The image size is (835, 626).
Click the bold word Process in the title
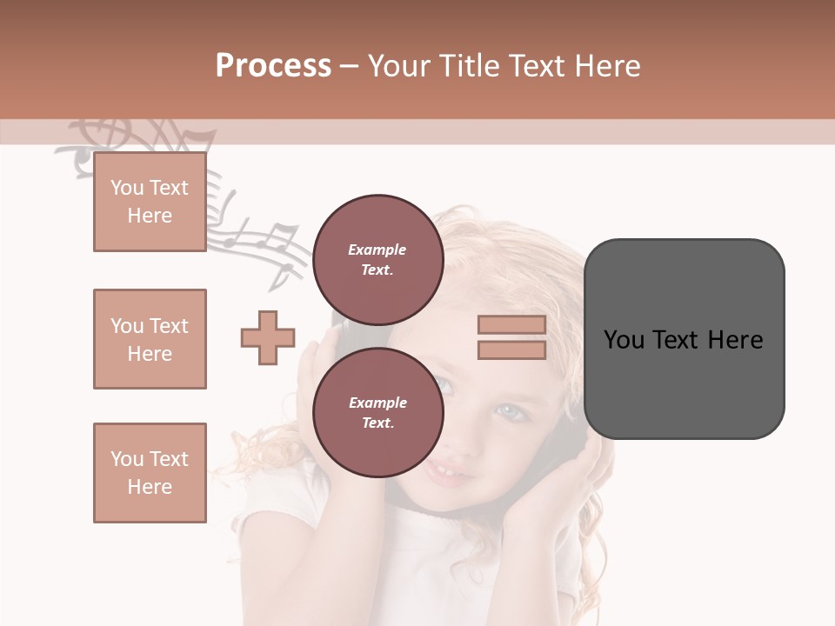(x=273, y=66)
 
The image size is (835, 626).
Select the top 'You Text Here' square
(x=150, y=202)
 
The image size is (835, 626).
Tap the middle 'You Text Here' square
(x=150, y=339)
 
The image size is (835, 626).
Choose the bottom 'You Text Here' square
(x=150, y=473)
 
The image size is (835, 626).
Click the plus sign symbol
(x=268, y=337)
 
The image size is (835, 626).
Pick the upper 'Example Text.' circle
(x=377, y=259)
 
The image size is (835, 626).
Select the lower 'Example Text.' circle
(x=377, y=412)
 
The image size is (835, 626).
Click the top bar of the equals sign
(x=511, y=325)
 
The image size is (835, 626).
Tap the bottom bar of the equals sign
(x=511, y=350)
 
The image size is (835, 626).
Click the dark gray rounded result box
(x=684, y=339)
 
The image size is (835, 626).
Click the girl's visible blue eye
(x=513, y=411)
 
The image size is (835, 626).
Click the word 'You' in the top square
(x=127, y=188)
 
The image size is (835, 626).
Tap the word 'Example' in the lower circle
(x=377, y=403)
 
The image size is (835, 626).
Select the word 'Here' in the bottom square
(x=150, y=487)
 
